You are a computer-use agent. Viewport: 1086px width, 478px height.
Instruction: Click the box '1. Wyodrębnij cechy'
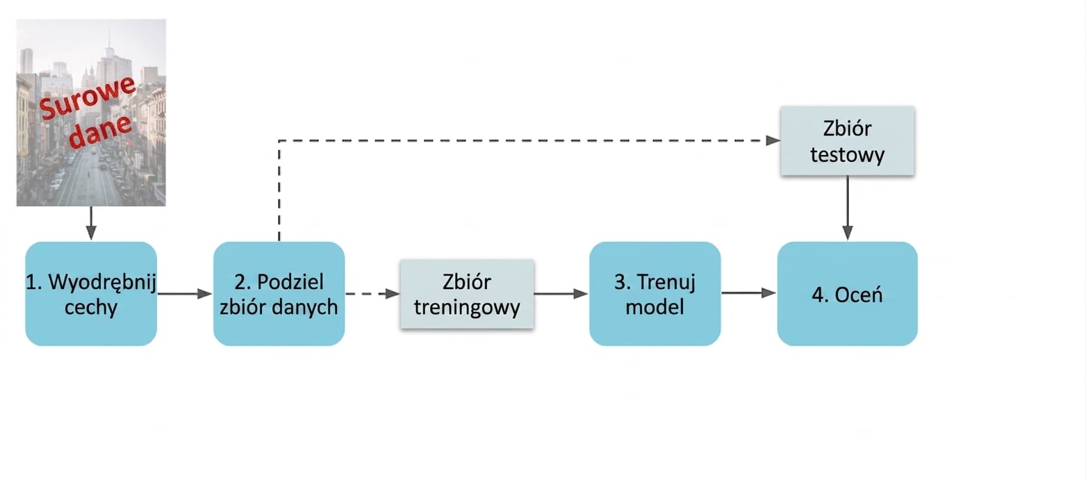tap(91, 294)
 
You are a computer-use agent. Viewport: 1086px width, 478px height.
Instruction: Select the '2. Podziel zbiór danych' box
tap(279, 294)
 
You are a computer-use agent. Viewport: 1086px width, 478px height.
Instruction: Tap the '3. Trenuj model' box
tap(655, 294)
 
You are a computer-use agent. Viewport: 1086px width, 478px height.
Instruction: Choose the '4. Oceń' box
tap(848, 294)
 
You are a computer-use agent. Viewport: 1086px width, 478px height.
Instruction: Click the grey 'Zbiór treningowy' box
tap(467, 294)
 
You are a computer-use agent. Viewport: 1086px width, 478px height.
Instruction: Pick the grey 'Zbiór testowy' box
tap(848, 140)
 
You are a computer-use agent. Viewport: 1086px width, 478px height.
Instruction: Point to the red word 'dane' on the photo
tap(100, 131)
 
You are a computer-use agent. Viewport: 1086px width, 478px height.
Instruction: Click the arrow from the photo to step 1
tap(91, 224)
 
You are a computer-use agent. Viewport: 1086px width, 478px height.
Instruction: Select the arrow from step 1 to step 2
tap(185, 294)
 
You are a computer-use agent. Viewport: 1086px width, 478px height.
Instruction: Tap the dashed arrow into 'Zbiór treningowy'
tap(372, 294)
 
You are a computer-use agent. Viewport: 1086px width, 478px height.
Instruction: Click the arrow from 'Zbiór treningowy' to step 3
tap(561, 294)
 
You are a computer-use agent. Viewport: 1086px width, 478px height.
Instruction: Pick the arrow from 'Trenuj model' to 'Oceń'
tap(749, 292)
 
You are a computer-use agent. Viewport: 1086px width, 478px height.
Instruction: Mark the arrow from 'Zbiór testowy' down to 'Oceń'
tap(848, 208)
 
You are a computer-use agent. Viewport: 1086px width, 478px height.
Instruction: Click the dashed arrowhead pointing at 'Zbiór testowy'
tap(773, 140)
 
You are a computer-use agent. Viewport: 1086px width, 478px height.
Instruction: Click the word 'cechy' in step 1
tap(91, 307)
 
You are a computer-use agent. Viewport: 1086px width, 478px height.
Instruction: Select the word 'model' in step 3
tap(655, 307)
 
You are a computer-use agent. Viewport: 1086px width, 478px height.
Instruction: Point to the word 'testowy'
tap(848, 155)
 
